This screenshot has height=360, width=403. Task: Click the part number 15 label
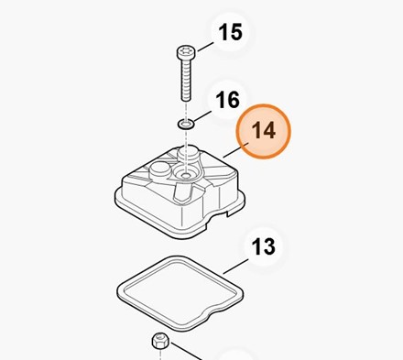[x=231, y=32]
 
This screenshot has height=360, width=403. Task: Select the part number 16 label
[x=228, y=100]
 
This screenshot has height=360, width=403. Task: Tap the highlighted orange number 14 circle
[x=263, y=131]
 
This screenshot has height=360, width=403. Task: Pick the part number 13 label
[x=263, y=246]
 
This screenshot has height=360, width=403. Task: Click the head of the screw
[x=185, y=53]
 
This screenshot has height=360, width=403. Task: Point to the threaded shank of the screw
[x=186, y=80]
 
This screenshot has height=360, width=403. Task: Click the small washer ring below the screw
[x=186, y=124]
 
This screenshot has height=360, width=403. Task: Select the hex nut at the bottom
[x=160, y=341]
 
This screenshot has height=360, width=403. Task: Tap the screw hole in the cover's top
[x=185, y=176]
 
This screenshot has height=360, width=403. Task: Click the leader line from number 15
[x=205, y=47]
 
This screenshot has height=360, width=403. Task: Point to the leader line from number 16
[x=202, y=116]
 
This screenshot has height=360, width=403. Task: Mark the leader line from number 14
[x=236, y=150]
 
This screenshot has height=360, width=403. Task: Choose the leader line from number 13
[x=235, y=267]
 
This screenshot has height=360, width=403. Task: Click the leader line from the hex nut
[x=186, y=351]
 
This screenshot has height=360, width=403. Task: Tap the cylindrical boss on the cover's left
[x=160, y=170]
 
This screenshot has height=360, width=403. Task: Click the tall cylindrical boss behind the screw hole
[x=188, y=154]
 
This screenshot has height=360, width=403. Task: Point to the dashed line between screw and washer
[x=186, y=110]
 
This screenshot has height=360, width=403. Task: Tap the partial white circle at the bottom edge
[x=235, y=354]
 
